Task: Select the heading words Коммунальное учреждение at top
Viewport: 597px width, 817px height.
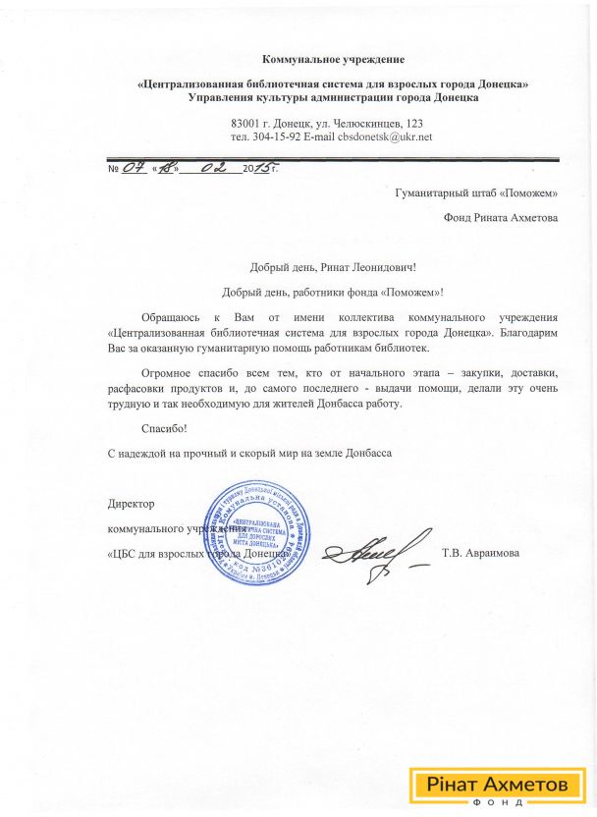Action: (x=333, y=62)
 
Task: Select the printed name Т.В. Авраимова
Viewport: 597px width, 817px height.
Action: (x=481, y=553)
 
